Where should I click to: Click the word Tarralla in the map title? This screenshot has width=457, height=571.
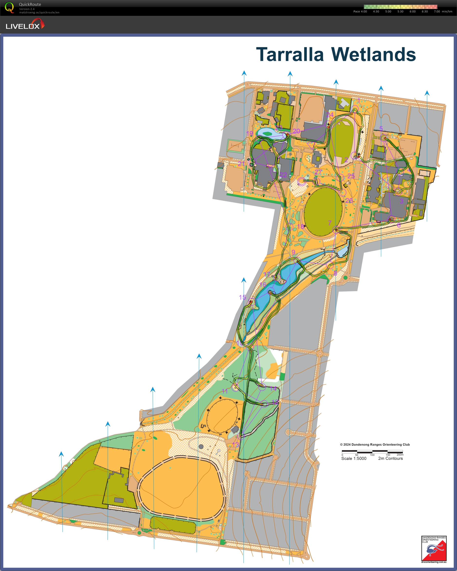click(290, 55)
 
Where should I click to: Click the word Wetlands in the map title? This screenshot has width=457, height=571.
click(373, 55)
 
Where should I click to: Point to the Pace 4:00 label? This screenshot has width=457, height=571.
click(360, 11)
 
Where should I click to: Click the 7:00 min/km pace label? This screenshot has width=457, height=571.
click(443, 11)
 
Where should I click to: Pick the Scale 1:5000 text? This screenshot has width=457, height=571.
click(354, 458)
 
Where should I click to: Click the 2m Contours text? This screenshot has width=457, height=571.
click(390, 458)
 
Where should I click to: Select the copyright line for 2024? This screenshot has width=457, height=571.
click(375, 445)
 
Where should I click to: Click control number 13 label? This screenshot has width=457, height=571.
click(235, 445)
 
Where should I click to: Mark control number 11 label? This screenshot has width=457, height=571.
click(224, 391)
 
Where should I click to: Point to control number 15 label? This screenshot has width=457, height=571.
click(242, 297)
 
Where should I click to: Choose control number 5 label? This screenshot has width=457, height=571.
click(381, 128)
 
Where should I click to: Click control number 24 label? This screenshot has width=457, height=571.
click(330, 115)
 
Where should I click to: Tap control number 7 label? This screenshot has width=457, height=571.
click(330, 223)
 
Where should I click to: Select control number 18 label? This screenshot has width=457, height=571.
click(300, 227)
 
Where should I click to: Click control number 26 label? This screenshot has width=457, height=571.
click(349, 200)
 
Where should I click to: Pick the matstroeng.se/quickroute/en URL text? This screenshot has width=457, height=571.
click(39, 12)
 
